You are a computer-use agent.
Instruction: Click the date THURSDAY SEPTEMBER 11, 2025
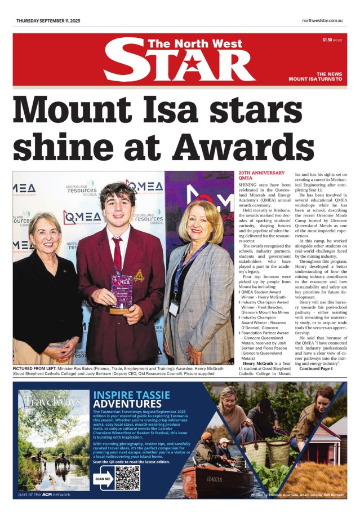point(48,21)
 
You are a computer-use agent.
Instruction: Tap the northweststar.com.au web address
point(322,21)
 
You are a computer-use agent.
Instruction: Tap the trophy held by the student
point(121,292)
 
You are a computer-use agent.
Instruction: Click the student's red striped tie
point(116,253)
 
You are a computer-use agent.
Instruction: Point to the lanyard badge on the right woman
point(174,308)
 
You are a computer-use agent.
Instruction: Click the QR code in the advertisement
point(127,478)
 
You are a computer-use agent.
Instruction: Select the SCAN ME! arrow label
point(103,478)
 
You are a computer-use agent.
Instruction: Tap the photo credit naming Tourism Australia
point(296,494)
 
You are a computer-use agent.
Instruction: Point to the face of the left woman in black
point(43,235)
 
